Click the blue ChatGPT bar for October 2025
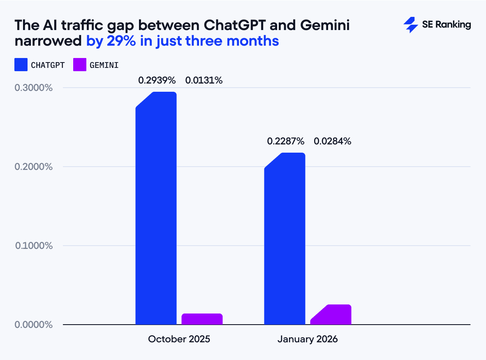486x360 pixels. tap(156, 208)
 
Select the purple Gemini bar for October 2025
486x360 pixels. tap(202, 319)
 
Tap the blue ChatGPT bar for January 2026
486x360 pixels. tap(285, 239)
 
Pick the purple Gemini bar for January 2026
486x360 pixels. tap(331, 315)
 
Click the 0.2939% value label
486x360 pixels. tap(157, 81)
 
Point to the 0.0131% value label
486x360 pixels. tap(204, 81)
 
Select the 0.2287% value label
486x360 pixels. tap(286, 142)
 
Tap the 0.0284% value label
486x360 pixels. tap(333, 142)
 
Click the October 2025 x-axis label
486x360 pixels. tap(179, 339)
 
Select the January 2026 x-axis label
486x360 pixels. tap(308, 339)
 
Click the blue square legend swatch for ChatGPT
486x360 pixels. tap(21, 65)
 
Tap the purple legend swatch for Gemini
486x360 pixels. tap(80, 65)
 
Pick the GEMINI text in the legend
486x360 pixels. tap(104, 65)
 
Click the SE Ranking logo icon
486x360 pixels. tap(410, 25)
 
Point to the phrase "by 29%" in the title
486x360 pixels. tap(108, 41)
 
